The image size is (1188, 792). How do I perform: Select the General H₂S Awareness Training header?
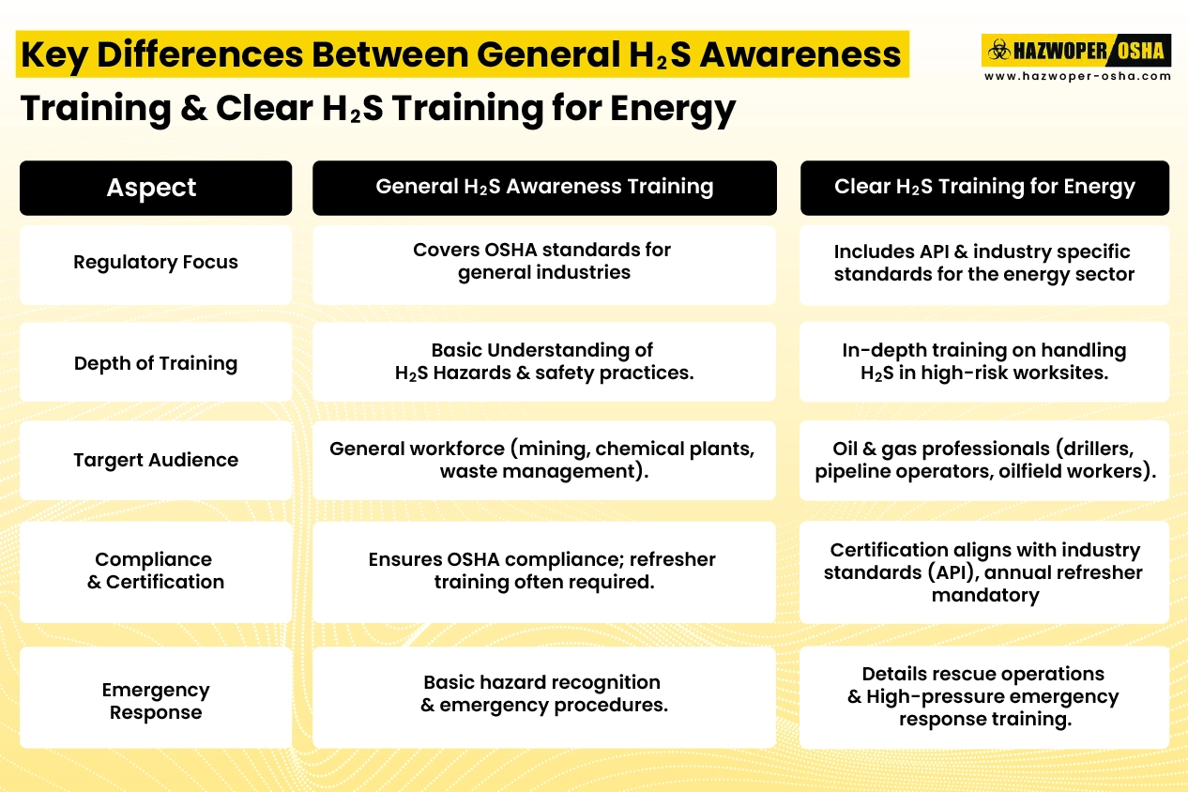(544, 187)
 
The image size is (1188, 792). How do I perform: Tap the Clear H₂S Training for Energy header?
(984, 187)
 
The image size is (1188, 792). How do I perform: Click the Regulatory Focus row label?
(156, 263)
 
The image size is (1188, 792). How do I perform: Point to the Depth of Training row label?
(156, 363)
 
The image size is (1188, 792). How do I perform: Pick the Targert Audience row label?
(156, 460)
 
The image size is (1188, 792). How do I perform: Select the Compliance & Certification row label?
(156, 571)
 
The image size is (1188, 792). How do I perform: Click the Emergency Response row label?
(156, 701)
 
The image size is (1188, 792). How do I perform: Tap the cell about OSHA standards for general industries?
(544, 262)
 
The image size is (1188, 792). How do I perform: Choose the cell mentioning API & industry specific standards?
(984, 263)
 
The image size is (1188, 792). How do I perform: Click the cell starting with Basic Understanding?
(544, 361)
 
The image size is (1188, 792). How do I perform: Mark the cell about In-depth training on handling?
(984, 361)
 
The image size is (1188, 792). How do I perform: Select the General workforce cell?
(544, 460)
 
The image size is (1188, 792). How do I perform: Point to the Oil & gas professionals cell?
(984, 460)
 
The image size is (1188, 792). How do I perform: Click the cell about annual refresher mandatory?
(984, 571)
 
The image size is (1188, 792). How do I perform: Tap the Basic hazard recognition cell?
(544, 693)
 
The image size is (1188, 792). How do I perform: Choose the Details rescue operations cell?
(984, 696)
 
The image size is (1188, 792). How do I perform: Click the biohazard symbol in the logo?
(996, 50)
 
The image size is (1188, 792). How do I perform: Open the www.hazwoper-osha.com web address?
(1076, 76)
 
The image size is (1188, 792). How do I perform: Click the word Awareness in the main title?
(800, 55)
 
